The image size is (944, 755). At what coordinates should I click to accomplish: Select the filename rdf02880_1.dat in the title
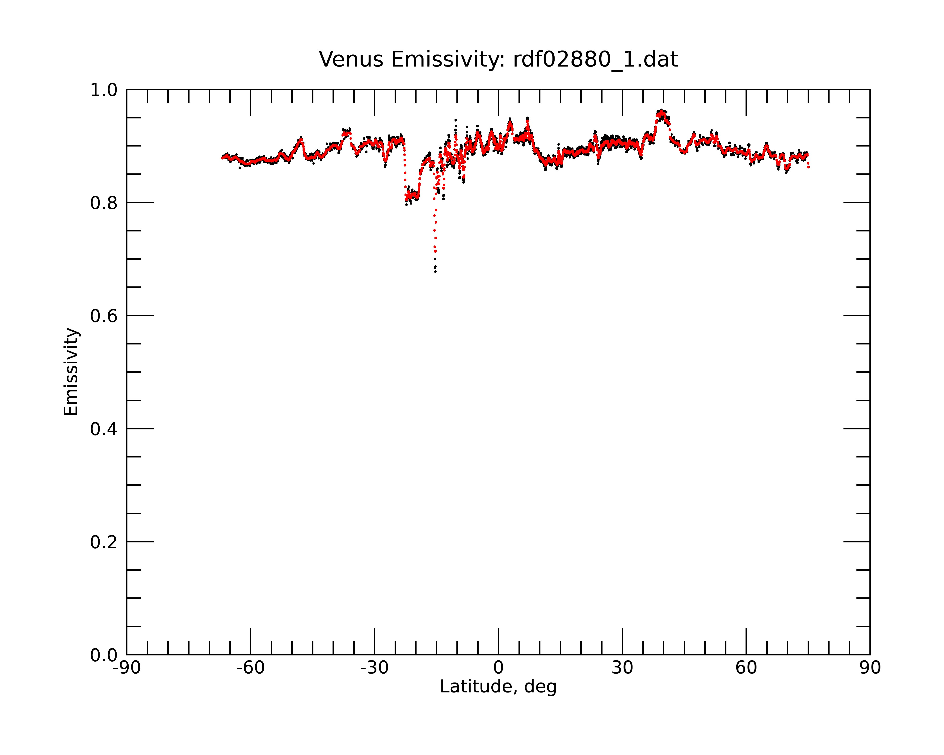pos(595,60)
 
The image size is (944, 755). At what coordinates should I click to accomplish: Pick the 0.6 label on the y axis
pos(104,316)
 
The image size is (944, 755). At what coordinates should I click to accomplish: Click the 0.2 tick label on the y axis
pos(104,542)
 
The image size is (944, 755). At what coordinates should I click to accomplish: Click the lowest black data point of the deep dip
pos(435,272)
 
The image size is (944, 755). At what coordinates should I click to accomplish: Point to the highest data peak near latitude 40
pos(661,111)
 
